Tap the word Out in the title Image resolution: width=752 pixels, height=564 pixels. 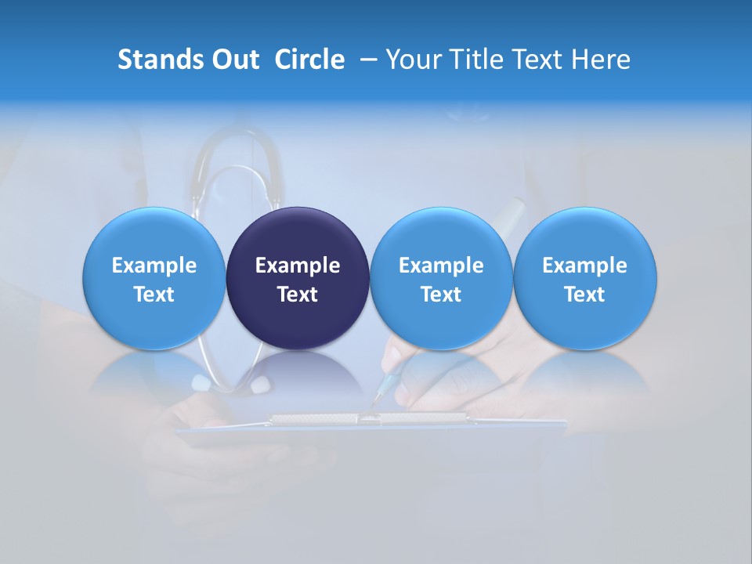pos(233,60)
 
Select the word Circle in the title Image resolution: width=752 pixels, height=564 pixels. pos(309,60)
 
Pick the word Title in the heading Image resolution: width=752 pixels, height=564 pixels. pos(475,60)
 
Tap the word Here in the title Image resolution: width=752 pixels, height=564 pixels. pos(601,60)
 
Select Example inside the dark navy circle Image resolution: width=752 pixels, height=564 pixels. pos(298,266)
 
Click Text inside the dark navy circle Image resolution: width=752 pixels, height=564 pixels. pos(298,295)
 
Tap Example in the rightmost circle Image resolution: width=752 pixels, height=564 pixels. pos(585,266)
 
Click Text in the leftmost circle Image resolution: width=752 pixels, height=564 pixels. pos(154,295)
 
